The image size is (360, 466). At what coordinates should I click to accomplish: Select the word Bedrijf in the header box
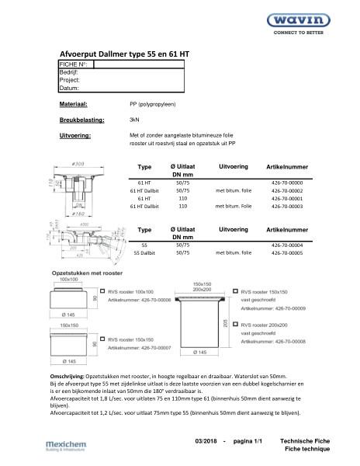coord(70,71)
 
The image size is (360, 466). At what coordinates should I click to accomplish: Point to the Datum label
coord(70,88)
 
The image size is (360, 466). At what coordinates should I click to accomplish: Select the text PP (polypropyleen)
coord(154,103)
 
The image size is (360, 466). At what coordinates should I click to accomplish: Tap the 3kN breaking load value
coord(134,120)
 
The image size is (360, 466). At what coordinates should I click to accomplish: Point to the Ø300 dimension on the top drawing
coord(79,165)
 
